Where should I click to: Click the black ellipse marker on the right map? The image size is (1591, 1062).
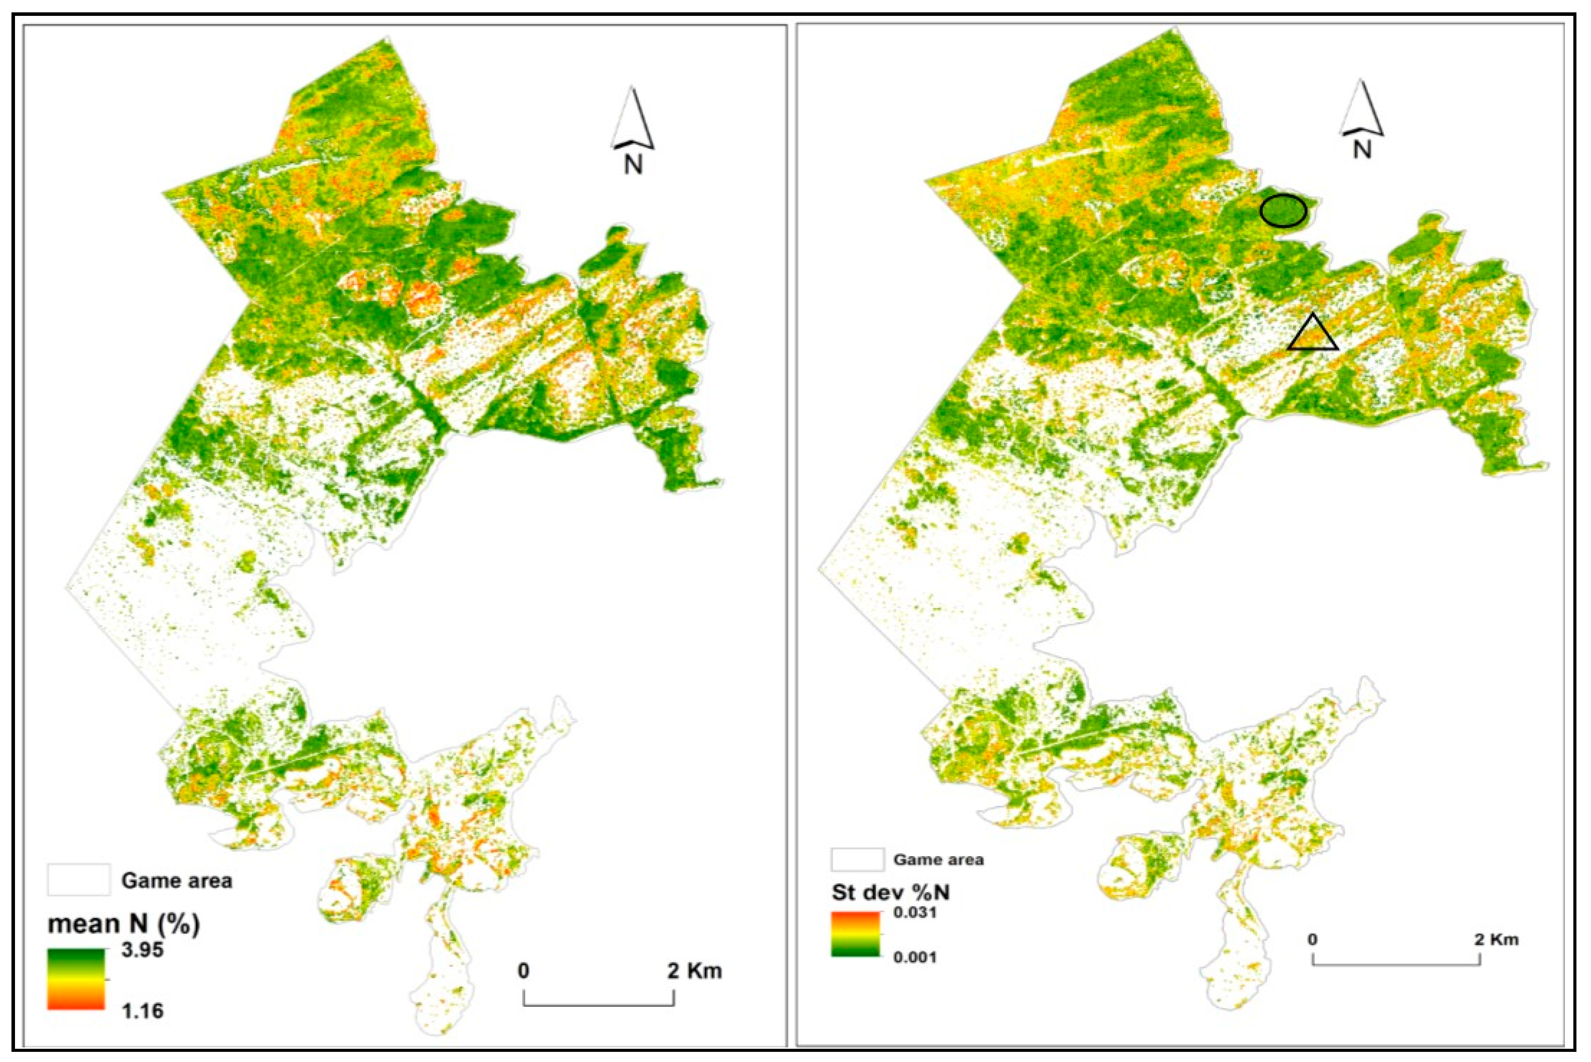pos(1283,211)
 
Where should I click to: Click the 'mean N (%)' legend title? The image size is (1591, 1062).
pos(124,924)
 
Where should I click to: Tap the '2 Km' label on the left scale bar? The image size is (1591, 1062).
pos(695,971)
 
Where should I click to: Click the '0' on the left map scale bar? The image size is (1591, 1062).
pos(523,971)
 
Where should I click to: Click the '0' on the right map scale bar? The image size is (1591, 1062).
pos(1313,939)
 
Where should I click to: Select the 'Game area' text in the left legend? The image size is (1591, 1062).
pos(176,880)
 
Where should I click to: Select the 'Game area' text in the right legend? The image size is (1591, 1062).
pos(939,860)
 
